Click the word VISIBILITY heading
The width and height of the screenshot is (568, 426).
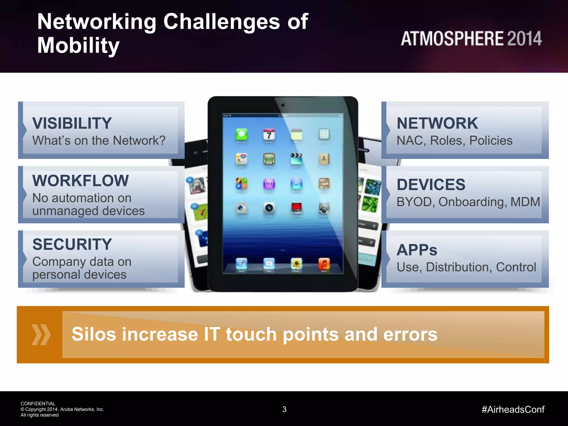coord(72,123)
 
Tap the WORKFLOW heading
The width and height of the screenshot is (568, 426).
coord(80,181)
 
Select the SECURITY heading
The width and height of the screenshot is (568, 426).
coord(72,244)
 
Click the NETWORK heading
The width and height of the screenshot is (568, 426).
coord(437,123)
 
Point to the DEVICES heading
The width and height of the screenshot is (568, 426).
coord(431,185)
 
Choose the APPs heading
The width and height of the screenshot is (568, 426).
coord(417,250)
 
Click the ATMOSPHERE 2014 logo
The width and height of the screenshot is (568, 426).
coord(471,39)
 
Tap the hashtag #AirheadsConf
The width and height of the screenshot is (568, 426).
coord(513,409)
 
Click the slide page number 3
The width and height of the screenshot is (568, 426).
coord(284,409)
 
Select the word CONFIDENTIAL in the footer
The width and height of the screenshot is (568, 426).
coord(38,404)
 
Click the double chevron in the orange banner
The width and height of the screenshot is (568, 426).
coord(41,334)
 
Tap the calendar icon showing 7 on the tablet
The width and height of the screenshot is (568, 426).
coord(269,135)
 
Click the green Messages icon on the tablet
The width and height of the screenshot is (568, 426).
coord(241,135)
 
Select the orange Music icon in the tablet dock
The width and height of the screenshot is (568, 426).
coord(324,263)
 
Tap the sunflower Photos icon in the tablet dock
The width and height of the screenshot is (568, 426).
coord(296,263)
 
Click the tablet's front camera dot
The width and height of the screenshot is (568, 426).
coord(283,105)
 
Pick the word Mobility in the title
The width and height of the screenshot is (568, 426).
coord(78,45)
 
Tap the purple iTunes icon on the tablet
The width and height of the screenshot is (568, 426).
coord(269,184)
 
